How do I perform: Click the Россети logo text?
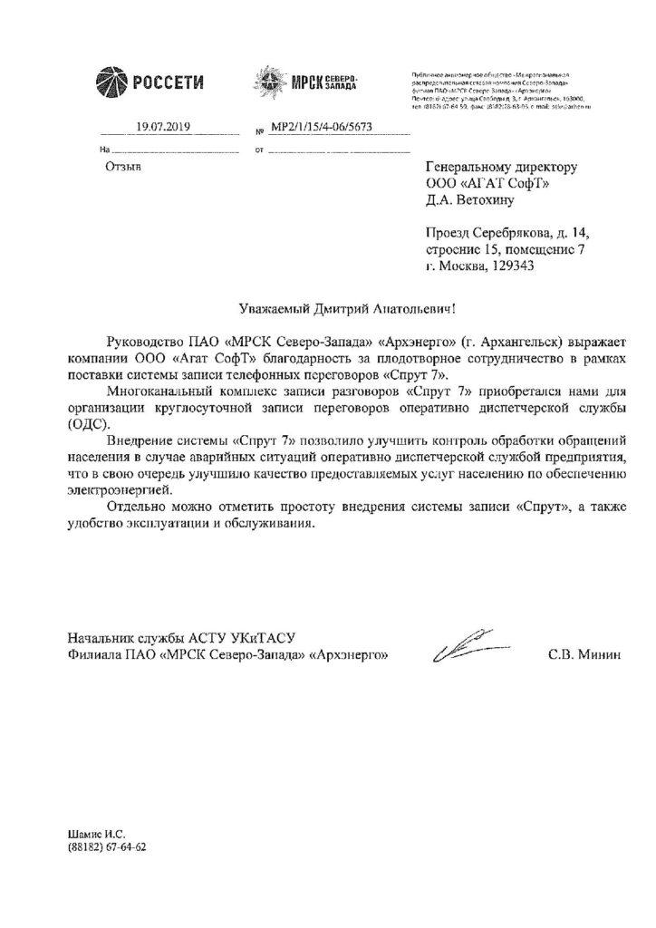point(170,83)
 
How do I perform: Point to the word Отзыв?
point(124,167)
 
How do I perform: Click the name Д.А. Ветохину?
point(471,202)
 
